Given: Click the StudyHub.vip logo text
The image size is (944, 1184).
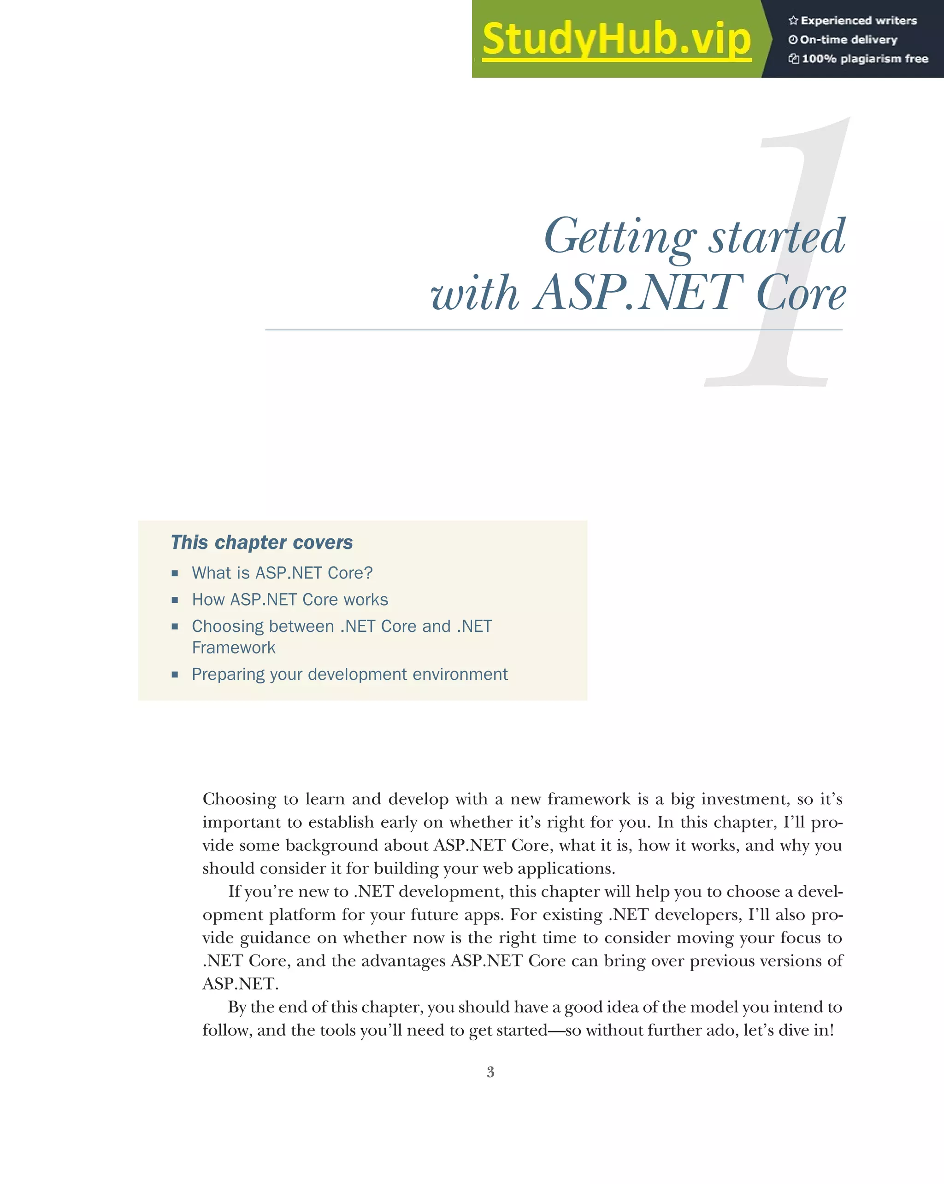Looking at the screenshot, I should tap(616, 40).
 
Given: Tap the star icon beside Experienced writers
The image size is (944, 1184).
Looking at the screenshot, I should tap(793, 21).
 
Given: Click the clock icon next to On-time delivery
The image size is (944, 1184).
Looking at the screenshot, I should tap(792, 40).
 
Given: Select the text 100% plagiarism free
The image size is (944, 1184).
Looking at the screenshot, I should tap(865, 59).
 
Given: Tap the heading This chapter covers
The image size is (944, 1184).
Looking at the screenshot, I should tap(261, 542).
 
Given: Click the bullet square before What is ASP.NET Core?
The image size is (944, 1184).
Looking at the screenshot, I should tap(175, 573).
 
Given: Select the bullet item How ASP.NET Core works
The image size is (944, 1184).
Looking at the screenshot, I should tap(289, 600).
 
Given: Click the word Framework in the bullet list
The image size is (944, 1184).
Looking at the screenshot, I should tap(233, 648).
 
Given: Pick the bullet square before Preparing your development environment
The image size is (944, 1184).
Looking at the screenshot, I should tap(175, 674).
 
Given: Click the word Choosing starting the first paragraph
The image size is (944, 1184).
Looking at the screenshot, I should tap(239, 800).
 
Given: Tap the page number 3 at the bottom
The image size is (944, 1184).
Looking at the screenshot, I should tap(490, 1072).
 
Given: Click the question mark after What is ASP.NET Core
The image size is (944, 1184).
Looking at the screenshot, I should tap(368, 573).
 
